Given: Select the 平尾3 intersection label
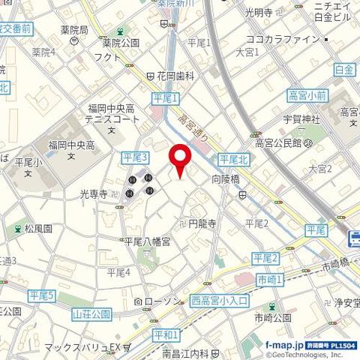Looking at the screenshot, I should point(135,156).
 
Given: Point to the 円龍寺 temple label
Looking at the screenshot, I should point(202,223).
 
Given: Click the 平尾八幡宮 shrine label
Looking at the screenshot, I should point(147,241).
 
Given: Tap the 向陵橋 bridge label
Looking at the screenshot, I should point(224,180).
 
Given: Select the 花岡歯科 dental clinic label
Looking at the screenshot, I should point(175,76).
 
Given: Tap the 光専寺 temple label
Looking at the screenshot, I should point(94,193).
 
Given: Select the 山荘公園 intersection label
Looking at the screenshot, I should point(92,313).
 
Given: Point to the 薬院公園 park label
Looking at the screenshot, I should point(121,43).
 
